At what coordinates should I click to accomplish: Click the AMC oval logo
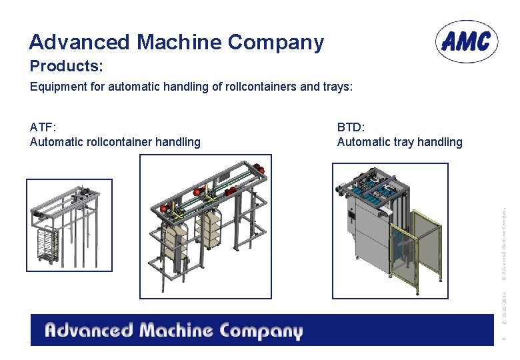(x=467, y=41)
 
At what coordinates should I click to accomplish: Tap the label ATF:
(x=43, y=127)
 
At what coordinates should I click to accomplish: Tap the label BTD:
(x=351, y=127)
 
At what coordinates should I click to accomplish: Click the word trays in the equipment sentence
(x=335, y=87)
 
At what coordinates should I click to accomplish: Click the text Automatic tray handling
(x=399, y=141)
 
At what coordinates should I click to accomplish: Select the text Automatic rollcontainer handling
(x=115, y=141)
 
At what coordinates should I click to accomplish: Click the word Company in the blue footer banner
(x=261, y=331)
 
